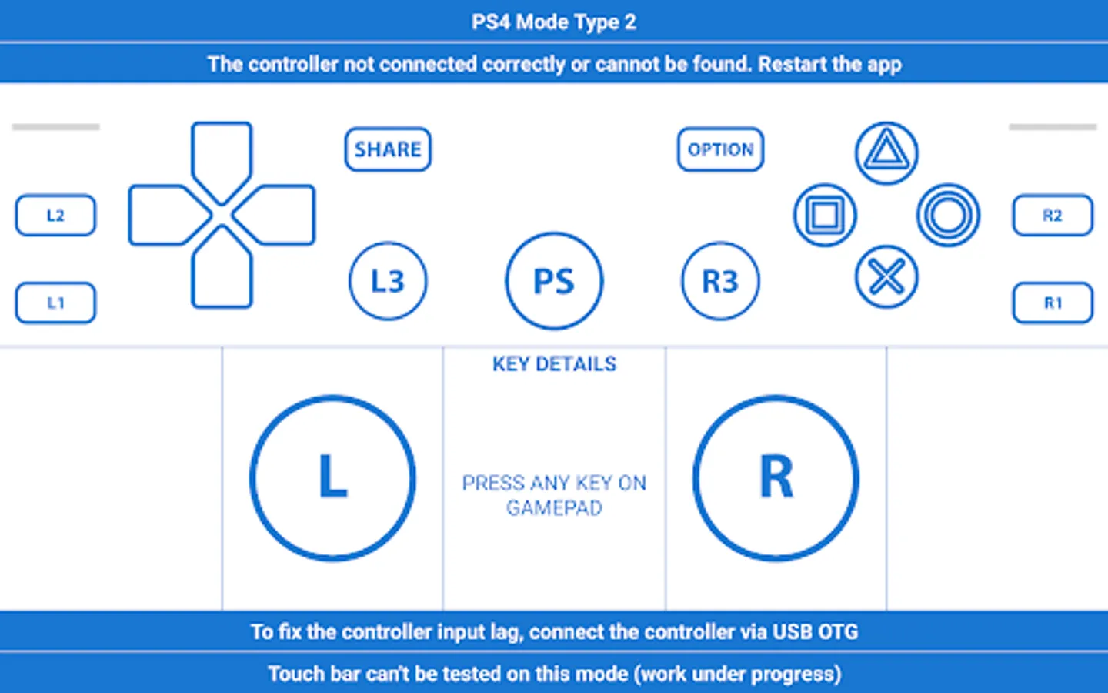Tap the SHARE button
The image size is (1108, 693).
pyautogui.click(x=388, y=149)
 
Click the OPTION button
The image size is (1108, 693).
pyautogui.click(x=720, y=149)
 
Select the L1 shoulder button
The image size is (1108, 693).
pyautogui.click(x=55, y=303)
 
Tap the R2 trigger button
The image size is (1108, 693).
pyautogui.click(x=1053, y=216)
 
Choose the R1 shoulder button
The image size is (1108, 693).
pyautogui.click(x=1053, y=303)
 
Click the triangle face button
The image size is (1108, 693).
pyautogui.click(x=886, y=153)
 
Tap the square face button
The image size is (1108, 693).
pyautogui.click(x=825, y=216)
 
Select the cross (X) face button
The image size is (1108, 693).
pyautogui.click(x=886, y=276)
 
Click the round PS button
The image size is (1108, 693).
pyautogui.click(x=554, y=280)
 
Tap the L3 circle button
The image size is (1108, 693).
pyautogui.click(x=388, y=280)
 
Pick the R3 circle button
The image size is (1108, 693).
pyautogui.click(x=720, y=280)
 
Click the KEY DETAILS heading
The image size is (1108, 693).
pyautogui.click(x=555, y=364)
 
